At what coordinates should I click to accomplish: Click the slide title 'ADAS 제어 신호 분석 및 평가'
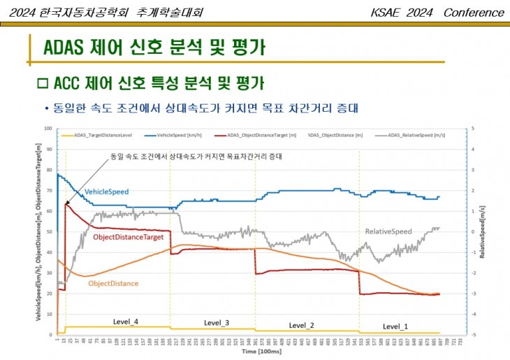(x=154, y=48)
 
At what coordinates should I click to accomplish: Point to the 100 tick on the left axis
(x=48, y=129)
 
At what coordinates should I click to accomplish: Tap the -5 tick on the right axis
(x=474, y=334)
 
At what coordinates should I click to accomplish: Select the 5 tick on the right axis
(x=474, y=129)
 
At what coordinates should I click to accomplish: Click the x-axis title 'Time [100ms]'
(x=259, y=352)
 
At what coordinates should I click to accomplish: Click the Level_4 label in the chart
(x=126, y=322)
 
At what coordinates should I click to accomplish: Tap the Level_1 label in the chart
(x=395, y=326)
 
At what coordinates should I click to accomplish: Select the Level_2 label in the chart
(x=302, y=325)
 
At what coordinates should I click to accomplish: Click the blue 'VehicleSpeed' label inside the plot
(x=107, y=191)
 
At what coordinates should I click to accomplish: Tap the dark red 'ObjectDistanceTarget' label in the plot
(x=129, y=238)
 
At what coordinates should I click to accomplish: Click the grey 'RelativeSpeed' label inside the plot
(x=388, y=231)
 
